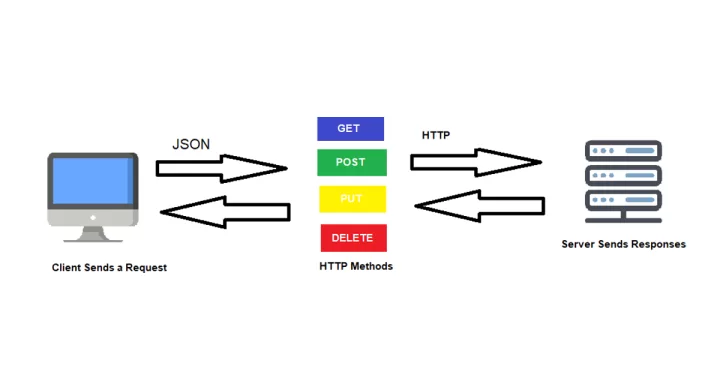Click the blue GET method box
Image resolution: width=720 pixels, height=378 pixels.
pos(350,129)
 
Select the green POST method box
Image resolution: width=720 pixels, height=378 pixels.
pos(351,163)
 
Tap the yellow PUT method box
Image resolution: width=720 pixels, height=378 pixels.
pos(351,199)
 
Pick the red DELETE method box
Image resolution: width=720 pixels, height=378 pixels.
pos(353,238)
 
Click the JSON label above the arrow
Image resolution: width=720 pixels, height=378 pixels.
pos(191,144)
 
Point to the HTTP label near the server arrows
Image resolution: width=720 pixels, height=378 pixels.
pos(436,134)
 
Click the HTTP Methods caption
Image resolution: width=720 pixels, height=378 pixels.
pos(356,266)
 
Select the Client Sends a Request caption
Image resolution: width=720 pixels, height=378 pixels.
pos(109,268)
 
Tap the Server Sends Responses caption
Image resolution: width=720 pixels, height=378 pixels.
pos(624,244)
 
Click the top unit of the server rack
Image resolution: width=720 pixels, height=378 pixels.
pos(623,151)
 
